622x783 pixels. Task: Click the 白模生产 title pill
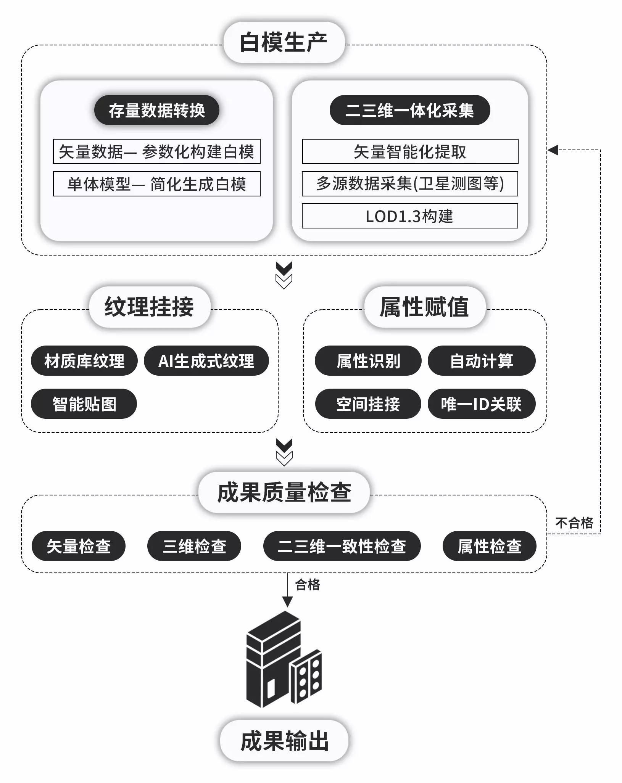point(284,42)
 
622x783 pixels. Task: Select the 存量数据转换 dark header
point(156,110)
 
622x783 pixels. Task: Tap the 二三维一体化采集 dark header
point(409,110)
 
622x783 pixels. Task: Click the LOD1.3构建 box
point(409,216)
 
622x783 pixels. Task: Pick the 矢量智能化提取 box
point(410,151)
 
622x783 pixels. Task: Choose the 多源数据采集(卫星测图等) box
point(409,184)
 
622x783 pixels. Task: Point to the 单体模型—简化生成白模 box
point(156,184)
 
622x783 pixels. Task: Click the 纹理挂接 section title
point(150,307)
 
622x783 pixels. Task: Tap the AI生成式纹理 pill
point(206,361)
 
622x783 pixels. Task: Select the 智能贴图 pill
point(84,404)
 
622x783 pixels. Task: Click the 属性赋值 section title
point(424,307)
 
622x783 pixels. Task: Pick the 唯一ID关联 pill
point(481,404)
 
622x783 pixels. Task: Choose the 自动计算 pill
point(481,361)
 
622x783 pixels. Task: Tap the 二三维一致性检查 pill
point(342,546)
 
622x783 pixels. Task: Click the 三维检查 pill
point(194,546)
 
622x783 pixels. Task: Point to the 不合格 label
point(574,523)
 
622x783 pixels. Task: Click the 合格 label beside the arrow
point(308,584)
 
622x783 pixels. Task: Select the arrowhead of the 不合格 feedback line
point(553,150)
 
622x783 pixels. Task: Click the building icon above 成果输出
point(284,660)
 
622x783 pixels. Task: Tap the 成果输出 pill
point(284,741)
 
